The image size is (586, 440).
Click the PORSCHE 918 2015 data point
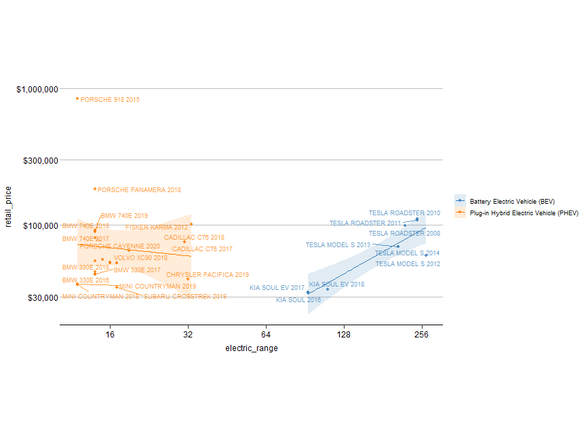point(77,98)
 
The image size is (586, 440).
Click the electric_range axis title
point(251,348)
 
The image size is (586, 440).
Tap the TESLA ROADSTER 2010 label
point(404,213)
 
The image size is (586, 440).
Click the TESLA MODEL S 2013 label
point(338,245)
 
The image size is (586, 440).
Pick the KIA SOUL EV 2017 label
point(277,288)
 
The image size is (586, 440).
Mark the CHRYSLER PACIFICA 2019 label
point(208,275)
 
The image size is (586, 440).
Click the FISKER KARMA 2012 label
point(157,227)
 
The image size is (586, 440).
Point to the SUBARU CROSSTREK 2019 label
point(185,297)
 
